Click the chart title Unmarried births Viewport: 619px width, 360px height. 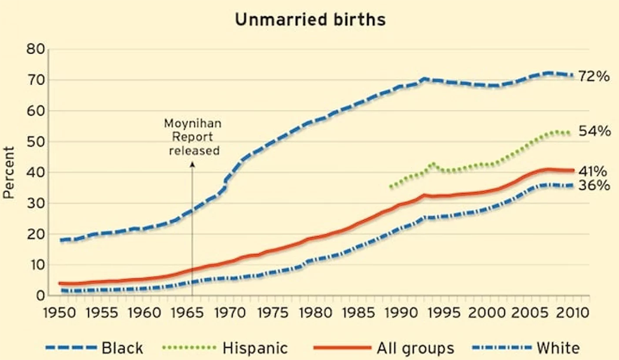coord(310,19)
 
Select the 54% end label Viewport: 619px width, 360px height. coord(593,132)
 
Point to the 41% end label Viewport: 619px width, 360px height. coord(593,171)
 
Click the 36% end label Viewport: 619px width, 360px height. coord(593,186)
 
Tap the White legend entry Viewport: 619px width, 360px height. coord(558,348)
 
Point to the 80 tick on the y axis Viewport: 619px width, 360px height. coord(35,49)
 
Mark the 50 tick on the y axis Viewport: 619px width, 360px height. coord(35,142)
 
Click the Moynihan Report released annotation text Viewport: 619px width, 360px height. coord(193,137)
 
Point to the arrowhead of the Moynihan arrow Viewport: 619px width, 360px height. coord(193,164)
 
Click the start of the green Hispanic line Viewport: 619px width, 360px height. coord(390,187)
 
